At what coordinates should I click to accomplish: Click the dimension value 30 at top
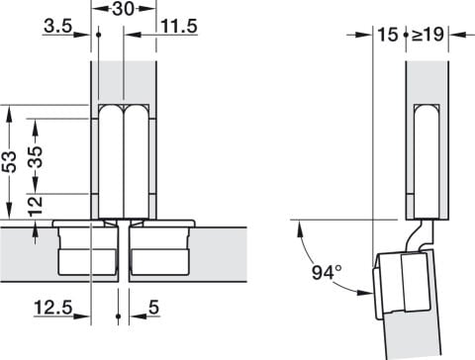coord(124,9)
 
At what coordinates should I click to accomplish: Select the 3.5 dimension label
coord(57,26)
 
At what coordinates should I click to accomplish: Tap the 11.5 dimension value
coord(179,26)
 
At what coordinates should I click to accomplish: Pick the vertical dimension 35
coord(36,156)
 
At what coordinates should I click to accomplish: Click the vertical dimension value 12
coord(36,207)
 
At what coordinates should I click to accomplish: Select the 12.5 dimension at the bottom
coord(53,308)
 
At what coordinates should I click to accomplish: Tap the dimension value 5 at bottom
coord(153,308)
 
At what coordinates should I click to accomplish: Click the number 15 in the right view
coord(388,35)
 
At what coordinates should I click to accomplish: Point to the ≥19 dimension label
coord(427,35)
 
